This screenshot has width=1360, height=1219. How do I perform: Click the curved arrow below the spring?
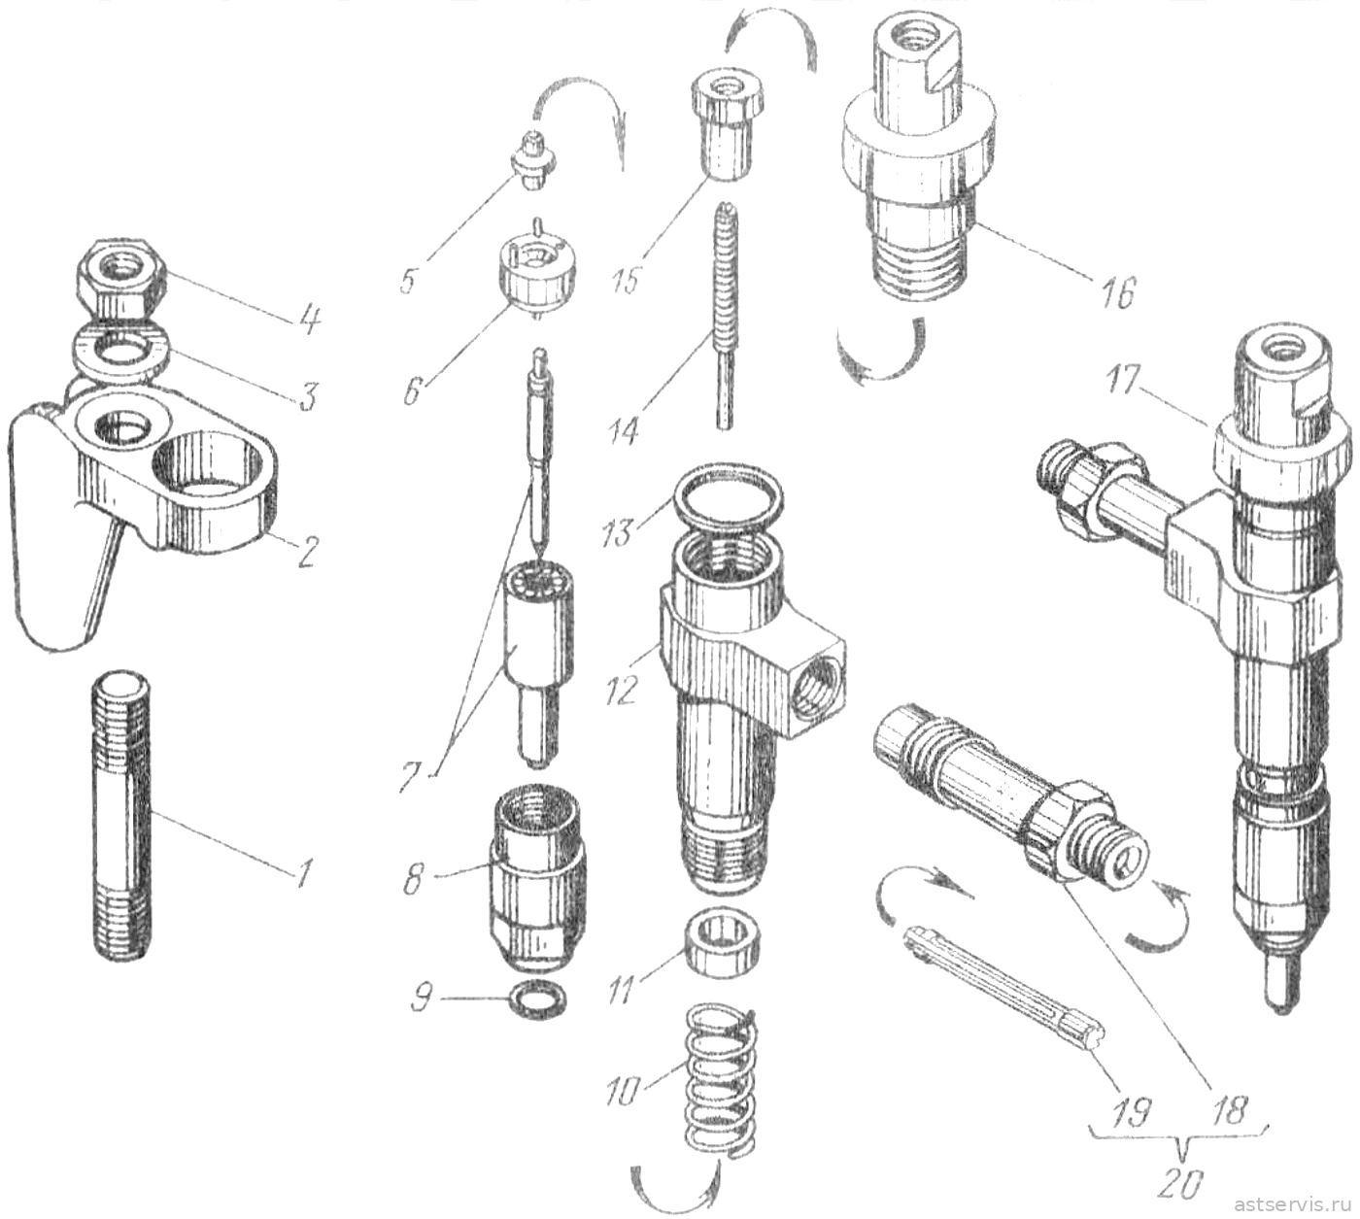point(674,1190)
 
